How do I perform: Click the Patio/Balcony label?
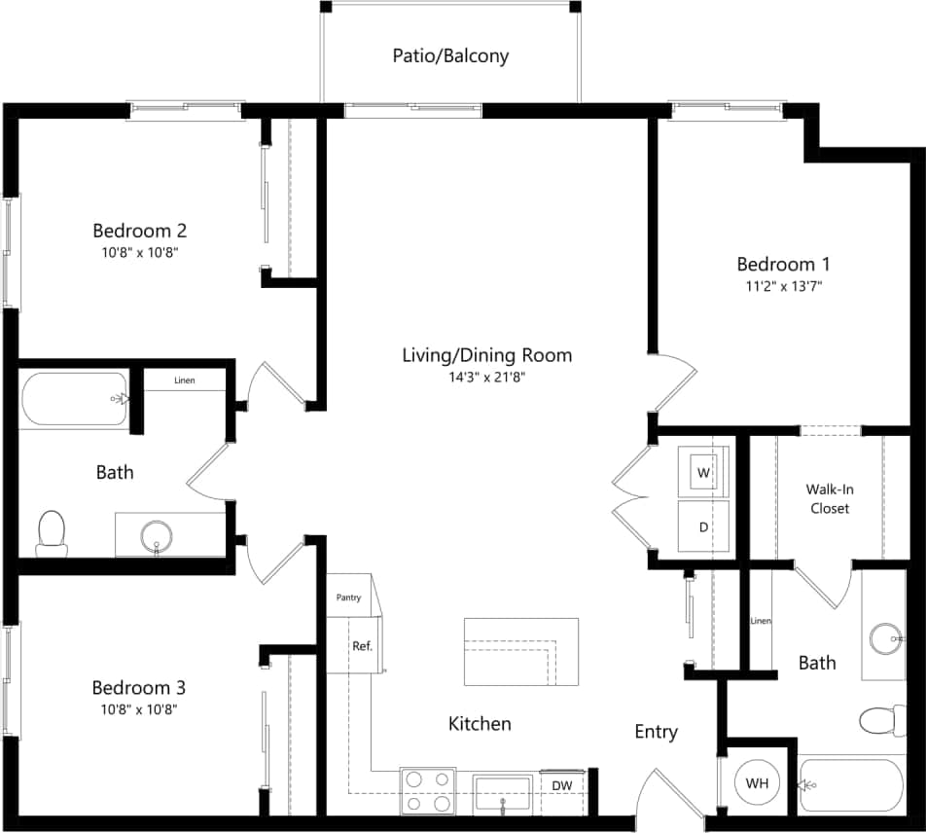(x=450, y=55)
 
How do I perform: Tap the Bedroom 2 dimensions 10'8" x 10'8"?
(x=139, y=252)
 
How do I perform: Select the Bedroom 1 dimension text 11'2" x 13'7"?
(x=783, y=286)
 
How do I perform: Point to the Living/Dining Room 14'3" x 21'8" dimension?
(x=487, y=377)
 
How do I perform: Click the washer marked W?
(x=703, y=472)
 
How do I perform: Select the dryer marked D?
(x=703, y=526)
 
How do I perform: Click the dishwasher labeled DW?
(x=562, y=785)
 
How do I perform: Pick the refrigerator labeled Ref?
(x=362, y=646)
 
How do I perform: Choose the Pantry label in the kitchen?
(x=348, y=598)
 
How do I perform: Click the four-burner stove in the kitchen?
(x=428, y=790)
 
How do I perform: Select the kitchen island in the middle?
(x=521, y=652)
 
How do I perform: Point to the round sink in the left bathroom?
(x=157, y=534)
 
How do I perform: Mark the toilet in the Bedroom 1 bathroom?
(x=880, y=721)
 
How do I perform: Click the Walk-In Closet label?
(x=829, y=498)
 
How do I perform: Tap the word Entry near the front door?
(x=656, y=732)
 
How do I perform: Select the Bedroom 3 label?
(x=139, y=688)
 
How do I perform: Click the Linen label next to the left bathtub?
(x=184, y=380)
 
